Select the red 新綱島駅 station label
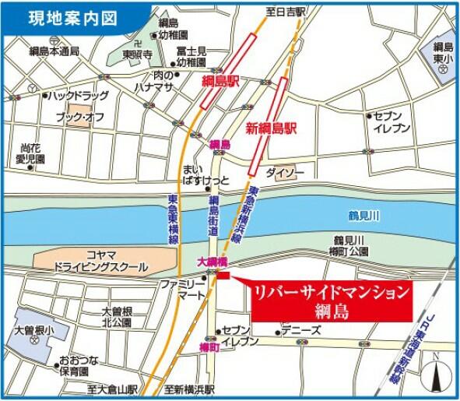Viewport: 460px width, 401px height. point(273,128)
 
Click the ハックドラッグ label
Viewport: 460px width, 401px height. point(76,96)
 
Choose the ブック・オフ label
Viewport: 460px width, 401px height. point(79,117)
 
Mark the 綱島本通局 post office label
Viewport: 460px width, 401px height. point(54,52)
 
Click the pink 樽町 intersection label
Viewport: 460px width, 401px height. point(211,346)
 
